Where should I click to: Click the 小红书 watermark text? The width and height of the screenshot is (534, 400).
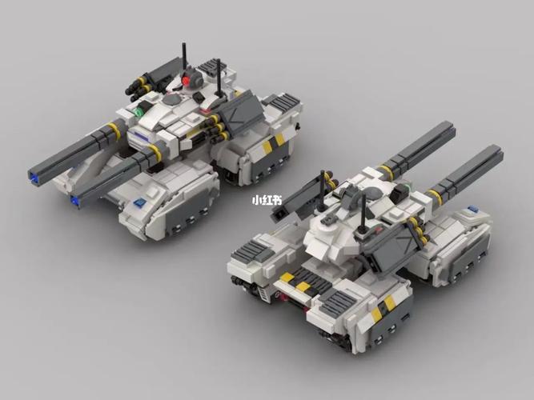pos(267,200)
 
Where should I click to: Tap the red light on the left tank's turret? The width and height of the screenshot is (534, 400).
pos(186,81)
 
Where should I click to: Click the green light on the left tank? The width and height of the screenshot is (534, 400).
pos(139,112)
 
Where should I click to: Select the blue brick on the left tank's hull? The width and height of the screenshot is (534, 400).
pos(139,203)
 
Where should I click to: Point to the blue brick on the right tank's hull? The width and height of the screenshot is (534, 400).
pos(472,208)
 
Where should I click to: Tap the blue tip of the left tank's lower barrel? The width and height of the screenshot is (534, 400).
pos(74,201)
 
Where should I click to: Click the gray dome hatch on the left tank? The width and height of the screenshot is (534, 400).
pos(173,98)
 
